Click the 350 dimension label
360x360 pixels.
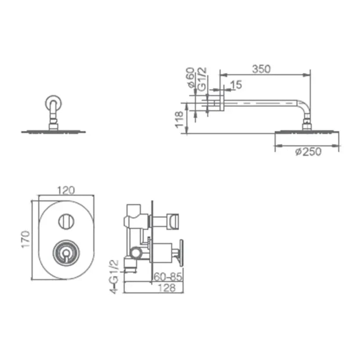(x=261, y=69)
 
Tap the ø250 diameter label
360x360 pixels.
(x=308, y=152)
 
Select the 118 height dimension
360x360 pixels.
(x=179, y=119)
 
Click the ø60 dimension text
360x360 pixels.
(x=191, y=78)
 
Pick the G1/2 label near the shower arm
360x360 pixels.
(x=202, y=79)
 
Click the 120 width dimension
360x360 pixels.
(x=66, y=191)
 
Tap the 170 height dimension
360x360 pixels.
(x=26, y=239)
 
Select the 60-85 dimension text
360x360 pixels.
(x=168, y=277)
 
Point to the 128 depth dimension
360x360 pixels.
(x=167, y=288)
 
